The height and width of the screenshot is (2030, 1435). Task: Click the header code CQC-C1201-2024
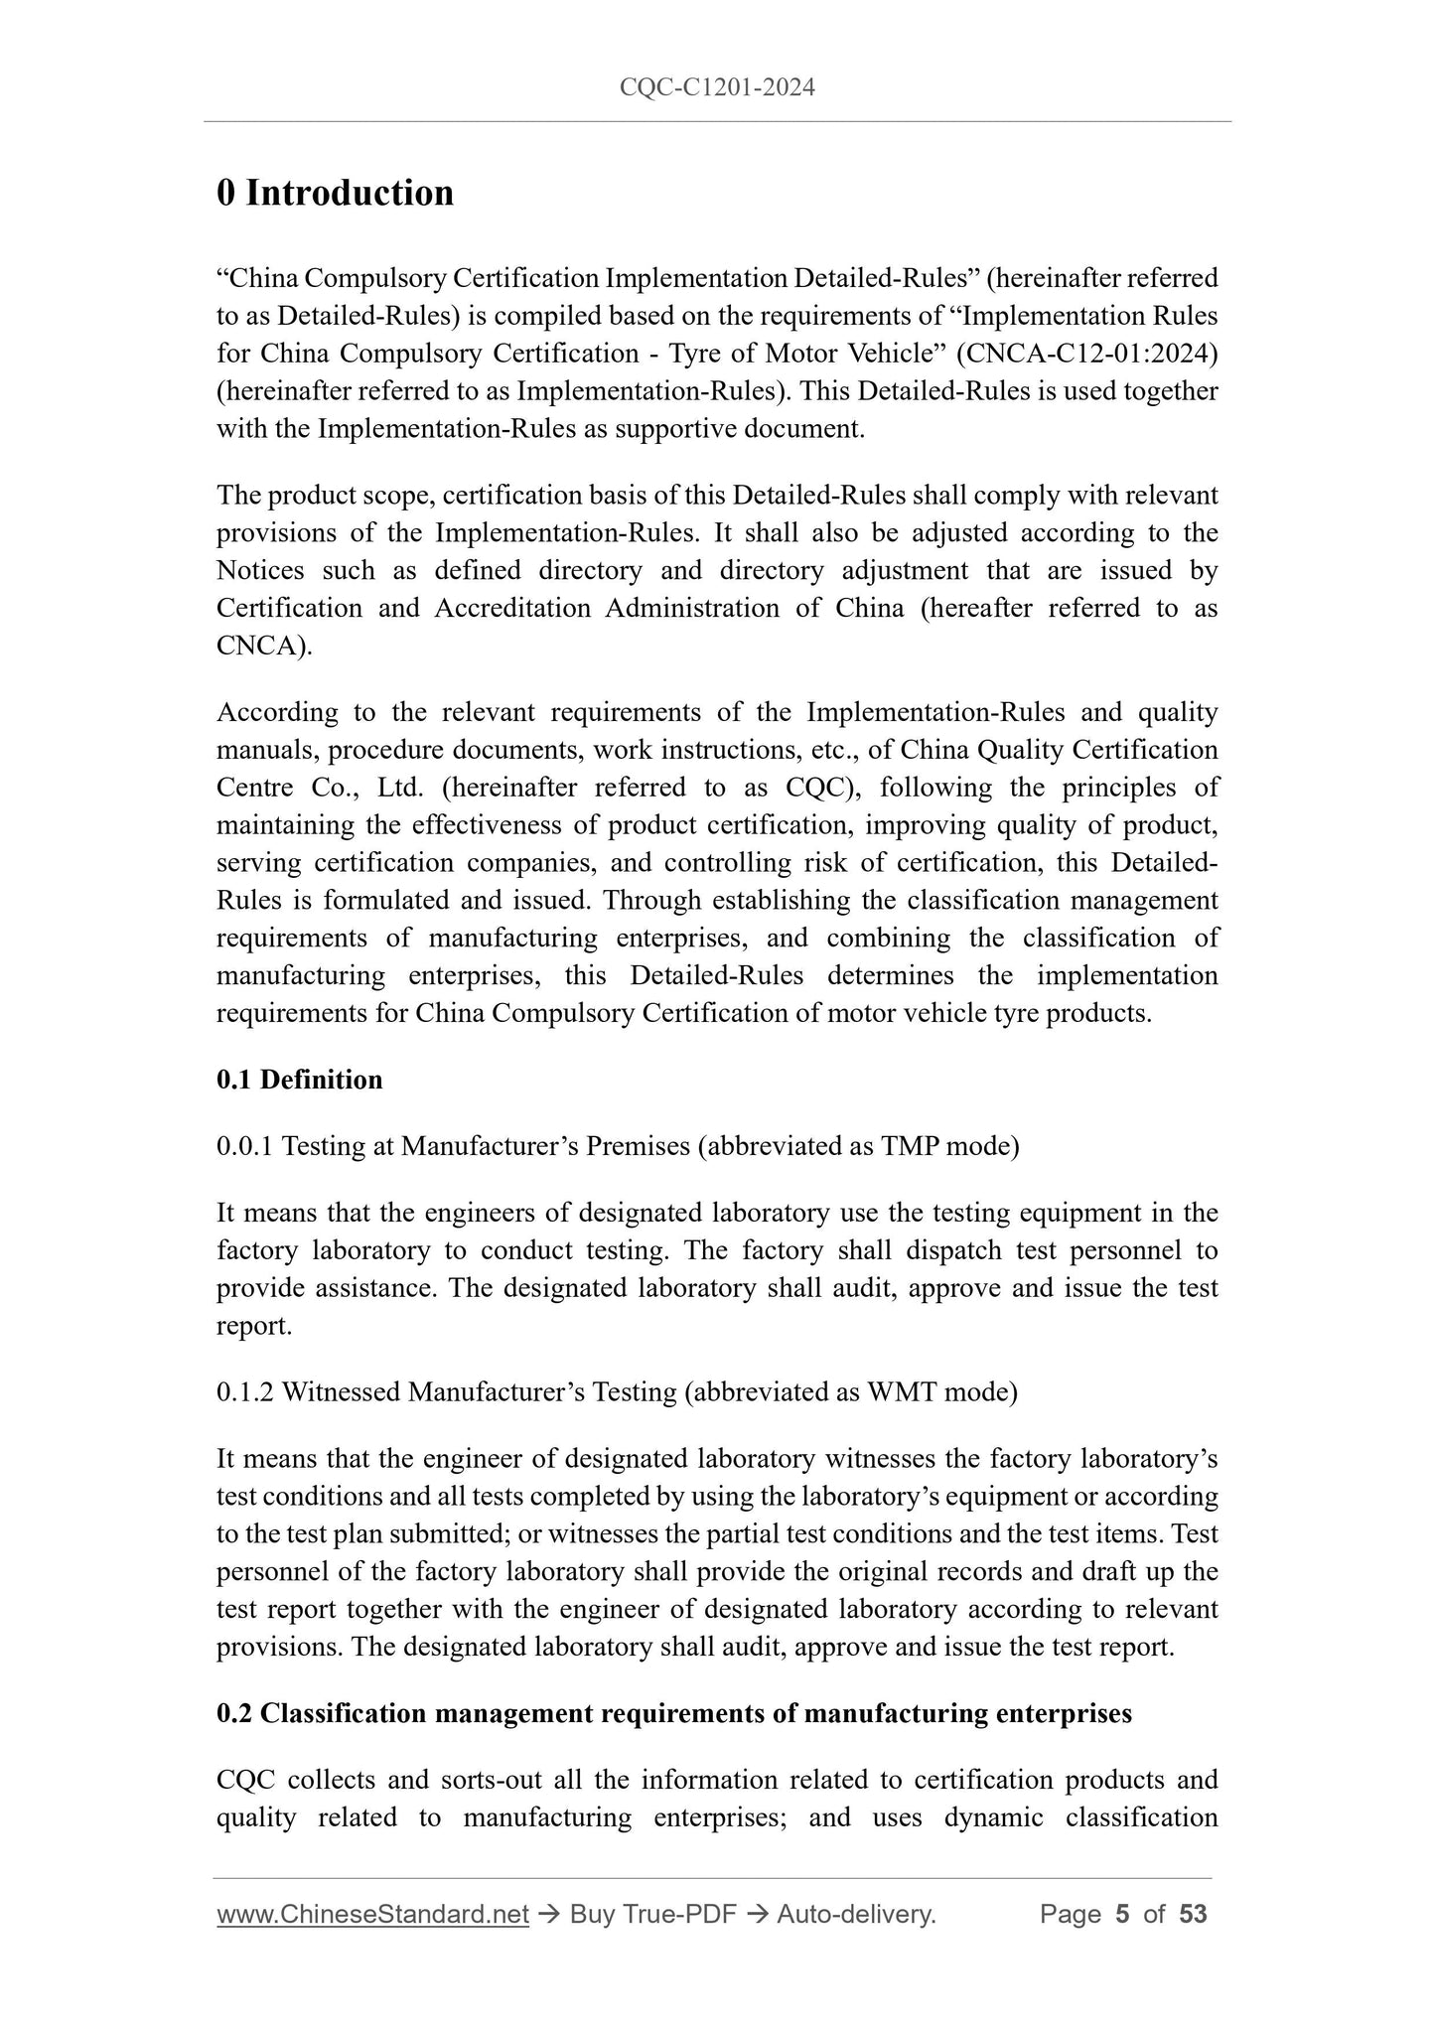[x=717, y=87]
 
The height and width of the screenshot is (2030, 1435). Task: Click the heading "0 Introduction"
[x=335, y=193]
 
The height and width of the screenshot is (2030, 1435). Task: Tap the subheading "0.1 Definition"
[x=299, y=1080]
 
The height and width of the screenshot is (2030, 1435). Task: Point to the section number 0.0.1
[x=245, y=1146]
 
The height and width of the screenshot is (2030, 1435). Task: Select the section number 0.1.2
[x=245, y=1392]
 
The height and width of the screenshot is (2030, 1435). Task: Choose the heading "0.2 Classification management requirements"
[x=673, y=1713]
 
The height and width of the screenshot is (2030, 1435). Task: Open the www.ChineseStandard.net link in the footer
[x=372, y=1915]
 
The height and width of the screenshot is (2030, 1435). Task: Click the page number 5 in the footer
[x=1122, y=1915]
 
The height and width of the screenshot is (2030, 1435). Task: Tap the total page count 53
[x=1193, y=1915]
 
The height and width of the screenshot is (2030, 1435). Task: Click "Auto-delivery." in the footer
[x=856, y=1915]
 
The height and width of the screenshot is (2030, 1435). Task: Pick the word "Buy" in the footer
[x=592, y=1915]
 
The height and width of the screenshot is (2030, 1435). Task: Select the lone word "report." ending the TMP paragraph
[x=254, y=1326]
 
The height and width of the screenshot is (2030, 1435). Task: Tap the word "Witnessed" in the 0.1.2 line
[x=341, y=1392]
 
